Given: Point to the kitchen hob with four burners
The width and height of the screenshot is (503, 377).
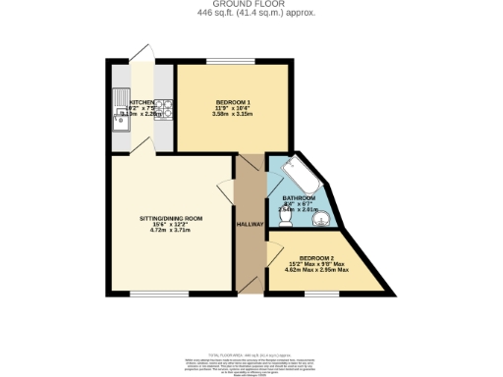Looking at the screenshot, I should coord(167,108).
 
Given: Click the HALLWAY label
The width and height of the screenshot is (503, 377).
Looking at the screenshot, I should coord(251,225).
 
